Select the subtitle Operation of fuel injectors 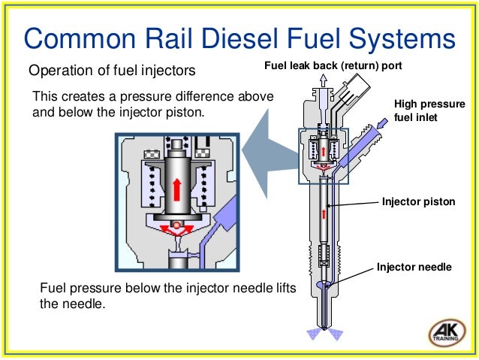tap(112, 71)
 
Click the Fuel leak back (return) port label tap(333, 66)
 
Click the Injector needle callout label tap(414, 265)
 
